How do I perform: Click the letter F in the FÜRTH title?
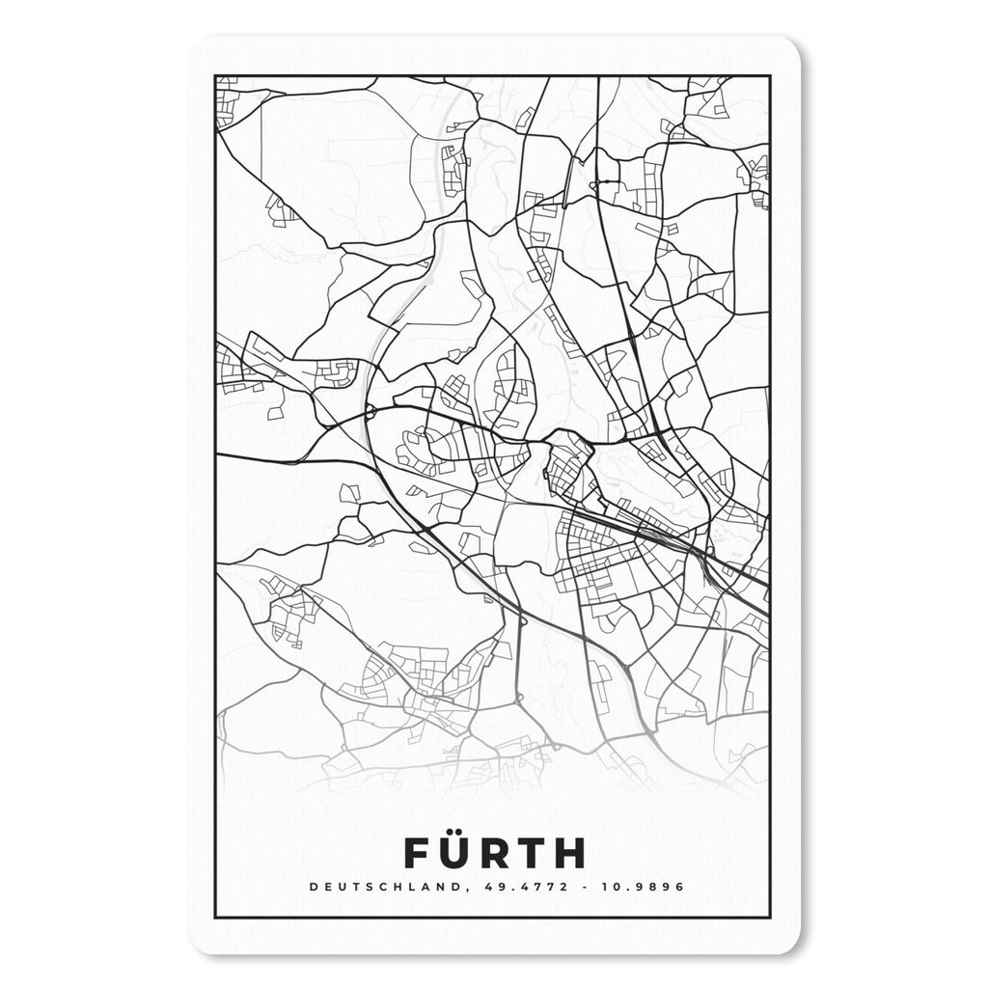(x=414, y=853)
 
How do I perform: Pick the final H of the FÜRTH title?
(x=570, y=853)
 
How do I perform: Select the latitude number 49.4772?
(x=494, y=887)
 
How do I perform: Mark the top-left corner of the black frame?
(x=215, y=76)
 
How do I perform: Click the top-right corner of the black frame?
(x=770, y=76)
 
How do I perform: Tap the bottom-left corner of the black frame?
(x=215, y=917)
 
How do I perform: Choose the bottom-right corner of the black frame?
(x=770, y=917)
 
